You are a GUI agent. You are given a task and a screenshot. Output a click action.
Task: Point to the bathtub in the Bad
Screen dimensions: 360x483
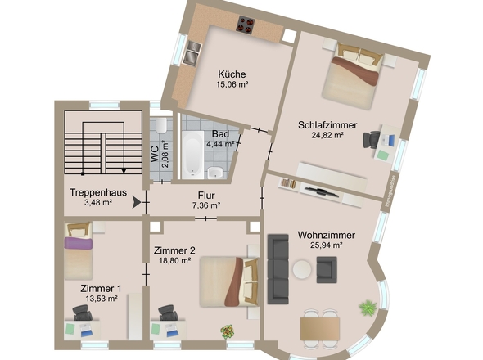click(192, 155)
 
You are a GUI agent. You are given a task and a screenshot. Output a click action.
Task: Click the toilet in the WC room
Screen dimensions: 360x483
click(161, 124)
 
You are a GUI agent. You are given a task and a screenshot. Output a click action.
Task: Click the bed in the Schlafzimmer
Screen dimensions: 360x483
click(351, 77)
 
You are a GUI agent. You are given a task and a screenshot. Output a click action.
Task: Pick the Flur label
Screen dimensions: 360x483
click(206, 195)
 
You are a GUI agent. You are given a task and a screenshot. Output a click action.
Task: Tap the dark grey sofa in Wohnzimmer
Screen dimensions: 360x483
click(278, 268)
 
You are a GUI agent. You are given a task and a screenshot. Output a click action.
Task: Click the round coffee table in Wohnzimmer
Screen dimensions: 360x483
click(302, 269)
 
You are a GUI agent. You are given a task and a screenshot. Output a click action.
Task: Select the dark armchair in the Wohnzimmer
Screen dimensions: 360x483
click(327, 268)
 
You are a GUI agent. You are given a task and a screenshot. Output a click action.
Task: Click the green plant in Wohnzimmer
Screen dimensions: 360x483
click(368, 308)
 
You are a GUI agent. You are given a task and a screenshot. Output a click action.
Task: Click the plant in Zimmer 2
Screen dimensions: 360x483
click(226, 331)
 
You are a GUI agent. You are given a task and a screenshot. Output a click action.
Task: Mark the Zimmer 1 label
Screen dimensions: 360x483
click(101, 288)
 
